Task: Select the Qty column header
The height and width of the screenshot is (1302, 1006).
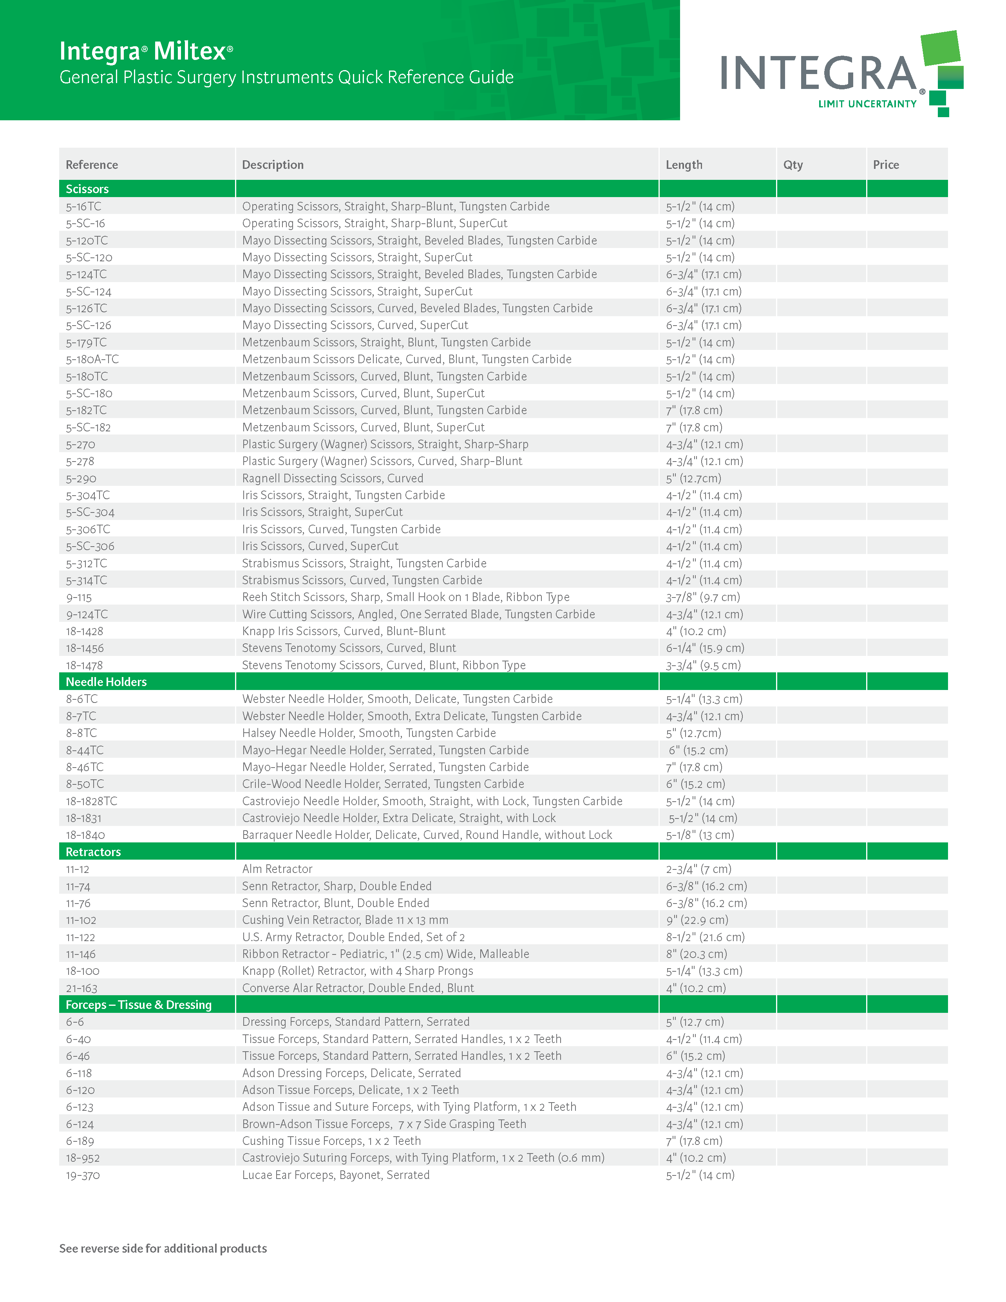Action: coord(792,165)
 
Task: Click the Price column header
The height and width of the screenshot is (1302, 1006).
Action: coord(886,165)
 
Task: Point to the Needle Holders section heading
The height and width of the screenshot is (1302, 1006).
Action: coord(106,681)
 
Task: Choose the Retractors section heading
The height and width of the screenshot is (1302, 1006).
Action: coord(93,851)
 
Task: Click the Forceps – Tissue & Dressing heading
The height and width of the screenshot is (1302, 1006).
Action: coord(138,1005)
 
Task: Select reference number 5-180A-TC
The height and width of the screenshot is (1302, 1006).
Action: coord(92,359)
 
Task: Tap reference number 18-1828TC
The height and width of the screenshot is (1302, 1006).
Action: coord(91,800)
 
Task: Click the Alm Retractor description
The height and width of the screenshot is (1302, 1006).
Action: coord(277,869)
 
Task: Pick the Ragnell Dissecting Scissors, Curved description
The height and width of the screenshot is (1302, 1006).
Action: coord(333,478)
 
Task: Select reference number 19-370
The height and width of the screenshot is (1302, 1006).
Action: coord(83,1175)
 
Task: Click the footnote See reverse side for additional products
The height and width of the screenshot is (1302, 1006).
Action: coord(163,1248)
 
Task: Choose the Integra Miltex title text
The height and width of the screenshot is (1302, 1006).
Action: coord(146,51)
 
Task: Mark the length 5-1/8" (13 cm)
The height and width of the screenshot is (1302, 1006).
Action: coord(700,835)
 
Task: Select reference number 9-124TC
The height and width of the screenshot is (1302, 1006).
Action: coord(87,614)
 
